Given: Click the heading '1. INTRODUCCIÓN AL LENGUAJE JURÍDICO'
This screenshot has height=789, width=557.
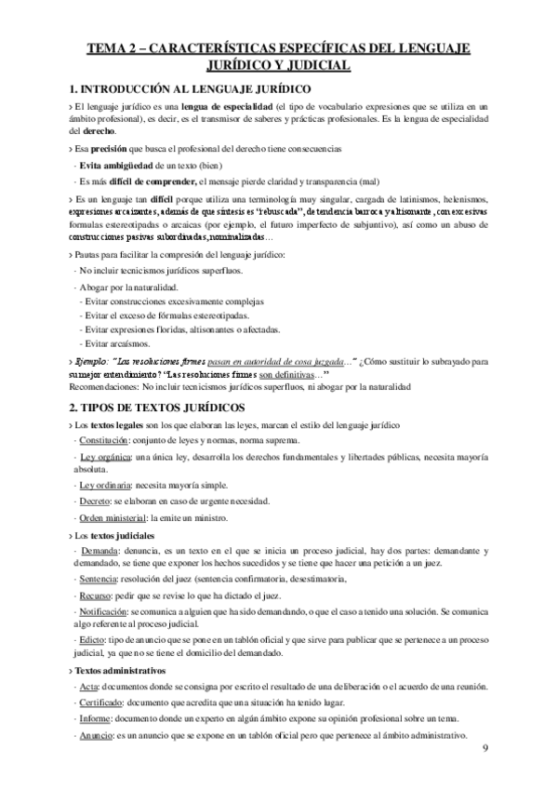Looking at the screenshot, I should pos(191,89).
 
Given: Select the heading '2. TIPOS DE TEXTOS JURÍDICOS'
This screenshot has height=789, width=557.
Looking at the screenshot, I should pos(156,407).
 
